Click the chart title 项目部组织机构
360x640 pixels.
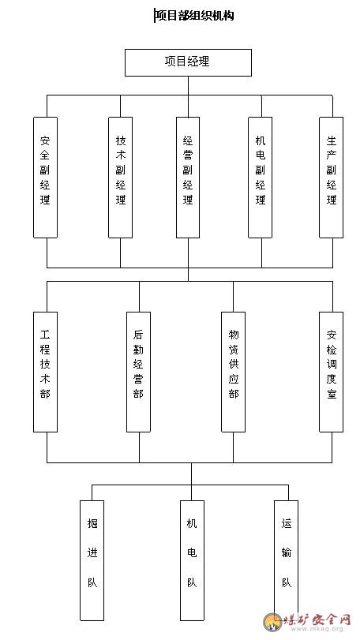[194, 16]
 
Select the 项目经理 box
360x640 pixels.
[188, 62]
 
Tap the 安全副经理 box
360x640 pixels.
[45, 178]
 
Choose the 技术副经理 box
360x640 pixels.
[121, 178]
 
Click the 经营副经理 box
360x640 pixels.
[188, 178]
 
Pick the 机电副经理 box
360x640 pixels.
[260, 178]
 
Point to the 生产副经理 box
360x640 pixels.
[331, 178]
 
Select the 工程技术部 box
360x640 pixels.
[45, 372]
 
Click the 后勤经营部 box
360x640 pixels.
[138, 372]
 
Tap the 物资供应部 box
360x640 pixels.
[234, 372]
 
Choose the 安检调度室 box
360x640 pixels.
[331, 372]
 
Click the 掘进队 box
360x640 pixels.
[92, 560]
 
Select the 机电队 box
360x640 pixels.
[193, 560]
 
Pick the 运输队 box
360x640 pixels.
[286, 560]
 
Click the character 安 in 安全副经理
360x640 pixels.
[45, 141]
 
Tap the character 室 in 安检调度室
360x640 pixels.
[331, 394]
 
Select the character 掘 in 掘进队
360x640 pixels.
[92, 523]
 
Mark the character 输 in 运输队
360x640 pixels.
[287, 553]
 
